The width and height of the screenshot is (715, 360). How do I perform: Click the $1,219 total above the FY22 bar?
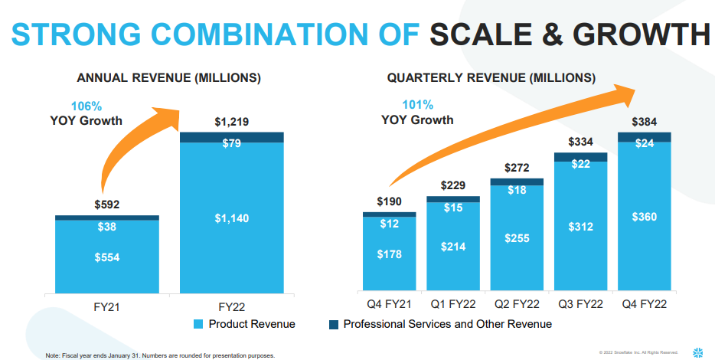click(x=232, y=122)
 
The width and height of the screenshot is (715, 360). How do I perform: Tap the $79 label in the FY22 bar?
click(x=232, y=143)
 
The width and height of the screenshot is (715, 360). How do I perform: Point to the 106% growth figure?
click(x=87, y=106)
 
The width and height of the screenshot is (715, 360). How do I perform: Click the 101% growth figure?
click(x=418, y=105)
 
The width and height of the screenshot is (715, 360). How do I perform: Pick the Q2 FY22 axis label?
click(x=517, y=305)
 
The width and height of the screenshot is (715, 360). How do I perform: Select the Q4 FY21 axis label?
click(x=389, y=305)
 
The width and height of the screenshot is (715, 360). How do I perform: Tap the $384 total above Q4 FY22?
click(x=645, y=122)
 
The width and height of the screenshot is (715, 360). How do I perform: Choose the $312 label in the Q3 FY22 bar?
click(x=581, y=227)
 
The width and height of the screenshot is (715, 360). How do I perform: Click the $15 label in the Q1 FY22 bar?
click(x=452, y=208)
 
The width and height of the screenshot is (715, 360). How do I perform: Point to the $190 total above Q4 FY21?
click(x=389, y=201)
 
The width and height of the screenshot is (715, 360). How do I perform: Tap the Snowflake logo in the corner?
click(x=697, y=352)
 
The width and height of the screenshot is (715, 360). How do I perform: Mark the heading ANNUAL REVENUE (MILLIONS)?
click(x=168, y=78)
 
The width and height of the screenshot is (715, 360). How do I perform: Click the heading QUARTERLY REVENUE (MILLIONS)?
click(x=491, y=78)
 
